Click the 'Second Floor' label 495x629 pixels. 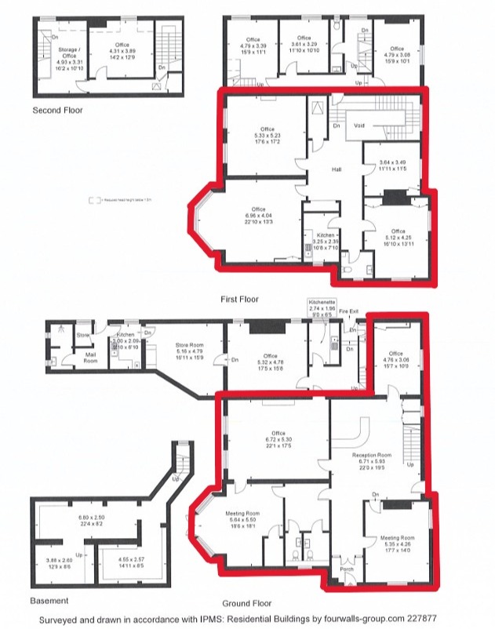tap(56, 111)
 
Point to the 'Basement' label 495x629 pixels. tap(49, 601)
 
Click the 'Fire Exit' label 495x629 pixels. tap(348, 311)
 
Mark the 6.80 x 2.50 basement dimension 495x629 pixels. tap(92, 518)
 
